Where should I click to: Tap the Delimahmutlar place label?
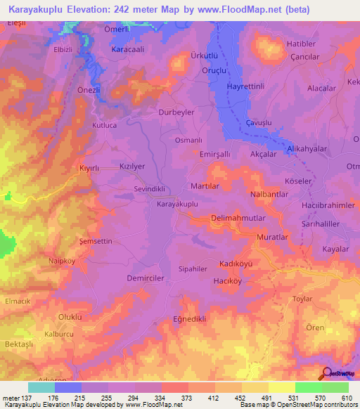point(238,219)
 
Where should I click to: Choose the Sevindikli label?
point(149,189)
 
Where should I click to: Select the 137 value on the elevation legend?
point(25,398)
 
